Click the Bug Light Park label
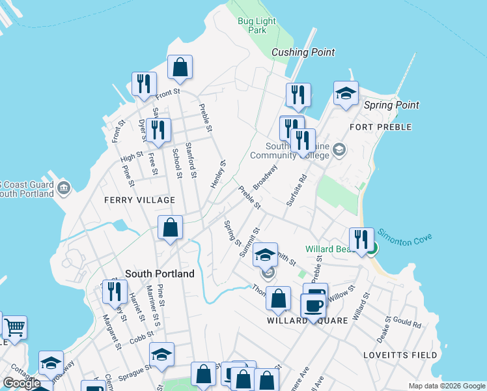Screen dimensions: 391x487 [x=257, y=25]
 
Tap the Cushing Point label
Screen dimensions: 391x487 [x=303, y=52]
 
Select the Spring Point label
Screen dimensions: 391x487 [x=391, y=105]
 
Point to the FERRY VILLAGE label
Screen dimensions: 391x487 [x=139, y=200]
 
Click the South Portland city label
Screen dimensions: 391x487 [x=160, y=274]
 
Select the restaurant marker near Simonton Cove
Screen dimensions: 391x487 [x=361, y=240]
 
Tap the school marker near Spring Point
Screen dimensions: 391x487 [x=346, y=93]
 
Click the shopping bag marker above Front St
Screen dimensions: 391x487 [x=180, y=67]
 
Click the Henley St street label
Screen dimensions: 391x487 [x=218, y=175]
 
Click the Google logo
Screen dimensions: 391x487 [x=21, y=383]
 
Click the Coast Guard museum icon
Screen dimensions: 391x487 [x=64, y=189]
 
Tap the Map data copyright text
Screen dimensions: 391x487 [x=446, y=386]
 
